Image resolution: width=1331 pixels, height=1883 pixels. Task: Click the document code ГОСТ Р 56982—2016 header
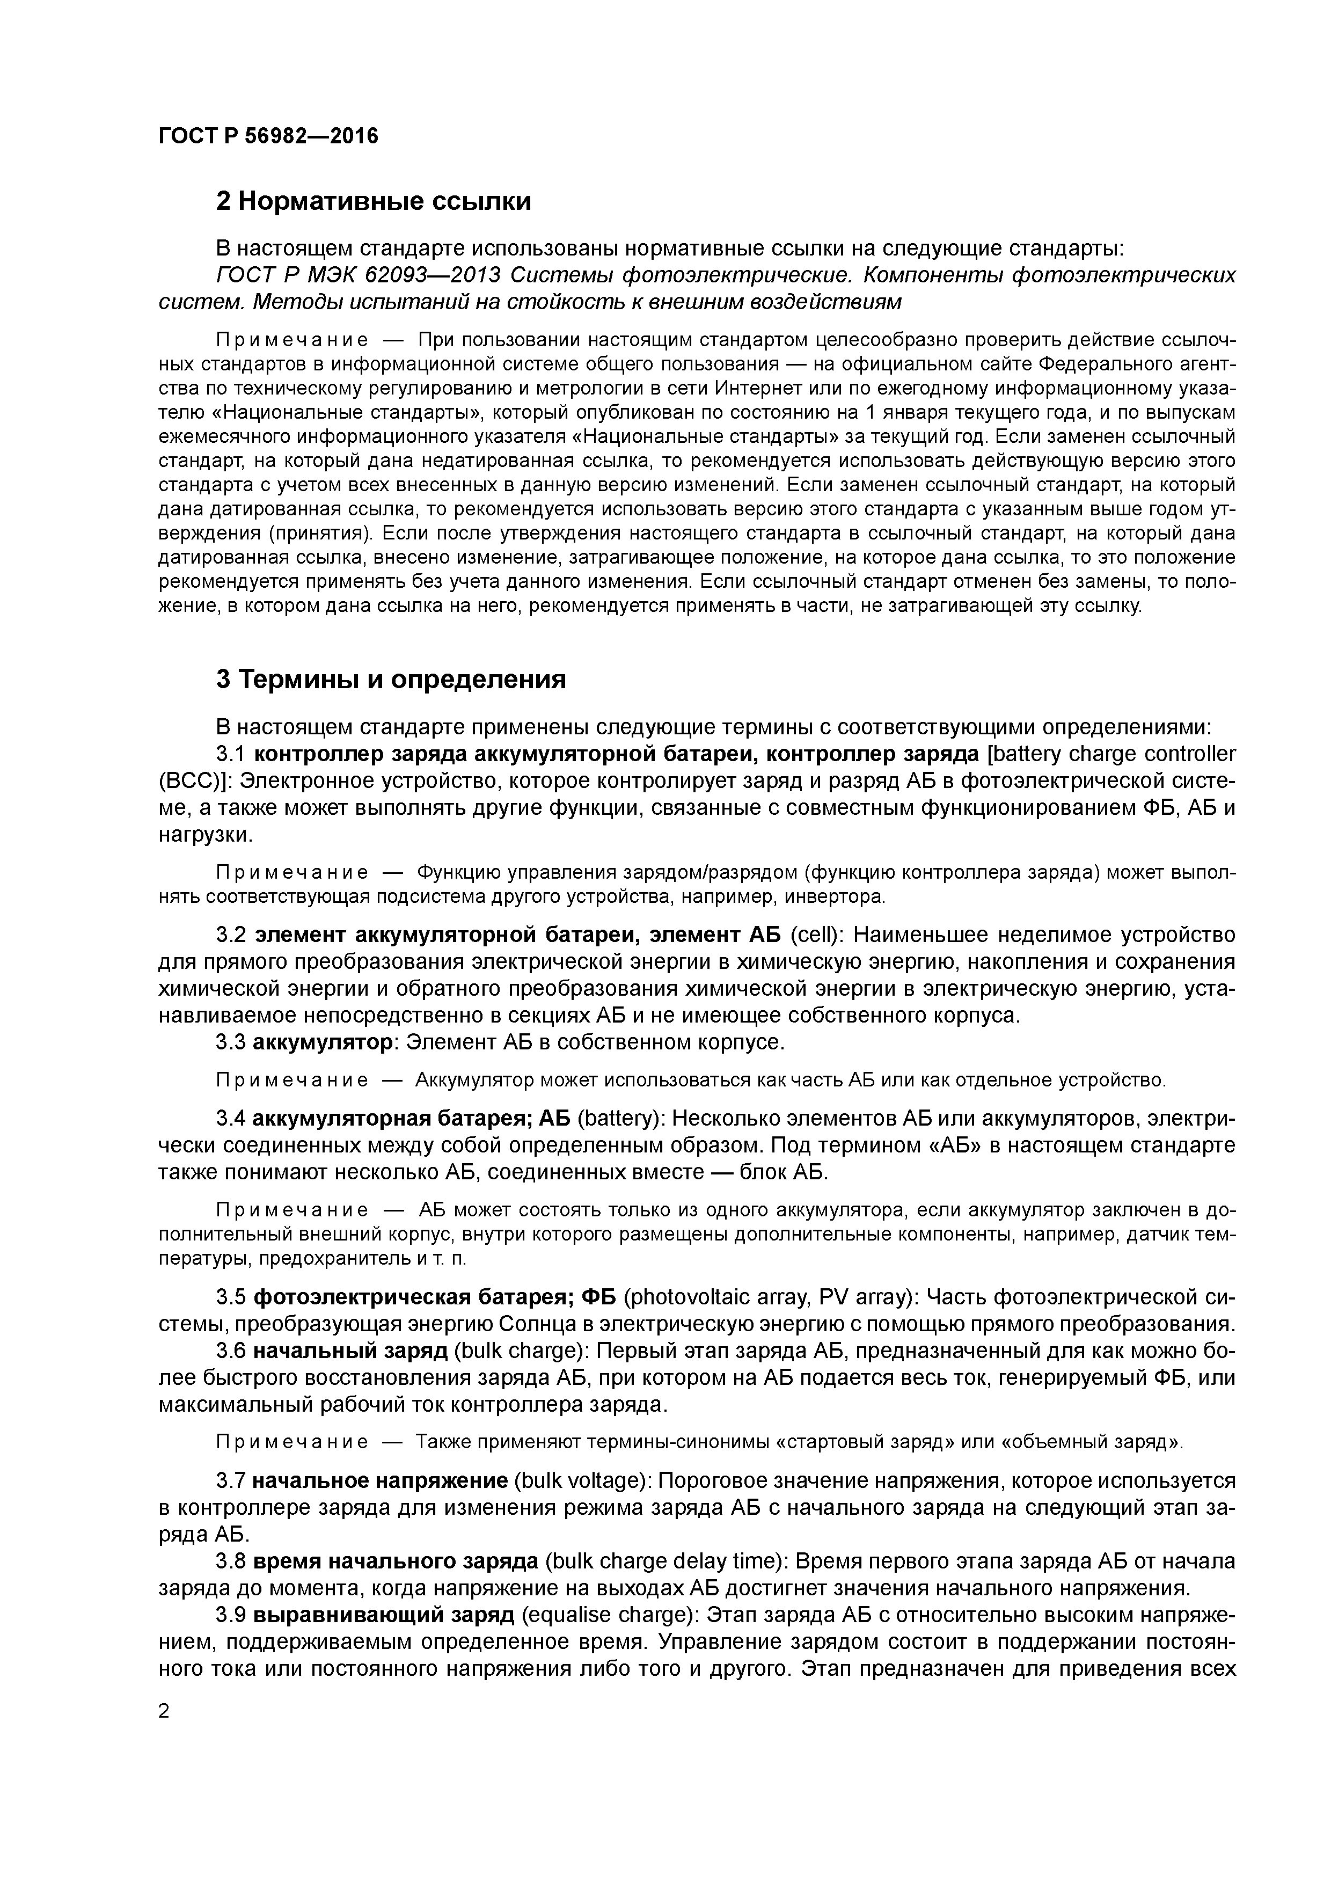point(268,135)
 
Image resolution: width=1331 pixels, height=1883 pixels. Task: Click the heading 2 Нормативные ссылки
point(373,201)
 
